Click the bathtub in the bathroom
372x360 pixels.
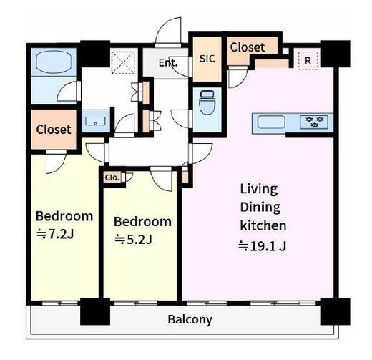pyautogui.click(x=54, y=62)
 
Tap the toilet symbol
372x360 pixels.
pyautogui.click(x=207, y=102)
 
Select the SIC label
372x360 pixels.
pyautogui.click(x=207, y=59)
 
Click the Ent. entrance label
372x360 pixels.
pyautogui.click(x=168, y=63)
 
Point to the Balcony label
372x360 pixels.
pyautogui.click(x=190, y=320)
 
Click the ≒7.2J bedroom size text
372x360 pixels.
pyautogui.click(x=55, y=234)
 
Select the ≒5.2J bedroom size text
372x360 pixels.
pyautogui.click(x=133, y=239)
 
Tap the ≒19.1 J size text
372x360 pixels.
pyautogui.click(x=262, y=246)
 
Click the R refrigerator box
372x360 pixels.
pyautogui.click(x=308, y=61)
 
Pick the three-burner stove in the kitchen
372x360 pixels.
pyautogui.click(x=314, y=122)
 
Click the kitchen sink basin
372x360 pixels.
pyautogui.click(x=271, y=122)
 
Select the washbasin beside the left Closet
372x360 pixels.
pyautogui.click(x=95, y=121)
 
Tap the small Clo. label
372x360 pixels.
pyautogui.click(x=112, y=177)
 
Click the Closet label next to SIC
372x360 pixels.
pyautogui.click(x=248, y=47)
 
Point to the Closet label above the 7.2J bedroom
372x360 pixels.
pyautogui.click(x=54, y=130)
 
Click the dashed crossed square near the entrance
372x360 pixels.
pyautogui.click(x=123, y=62)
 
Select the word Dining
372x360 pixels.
pyautogui.click(x=260, y=208)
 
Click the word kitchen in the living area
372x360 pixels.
pyautogui.click(x=263, y=225)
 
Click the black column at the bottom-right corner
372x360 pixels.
pyautogui.click(x=336, y=311)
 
